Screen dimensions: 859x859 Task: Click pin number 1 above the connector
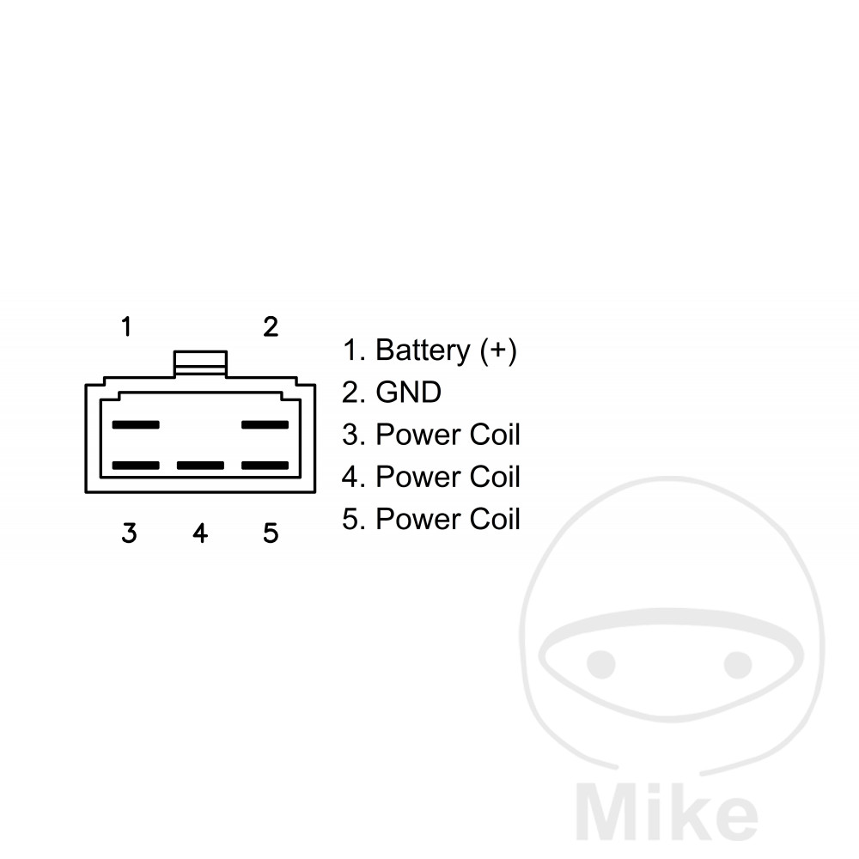point(126,326)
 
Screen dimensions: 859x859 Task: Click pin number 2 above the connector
point(271,326)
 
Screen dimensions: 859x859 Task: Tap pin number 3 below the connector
point(129,533)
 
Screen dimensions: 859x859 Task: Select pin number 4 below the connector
point(200,533)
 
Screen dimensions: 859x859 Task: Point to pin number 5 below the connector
point(271,533)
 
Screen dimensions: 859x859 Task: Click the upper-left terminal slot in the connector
point(136,424)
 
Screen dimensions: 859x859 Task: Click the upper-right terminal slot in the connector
point(265,424)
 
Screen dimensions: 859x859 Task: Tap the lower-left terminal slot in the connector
point(136,466)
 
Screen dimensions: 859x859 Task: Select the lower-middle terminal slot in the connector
point(200,466)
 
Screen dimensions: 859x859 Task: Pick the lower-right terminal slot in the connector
point(265,466)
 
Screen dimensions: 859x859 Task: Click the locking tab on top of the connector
point(200,362)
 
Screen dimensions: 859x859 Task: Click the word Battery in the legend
point(423,350)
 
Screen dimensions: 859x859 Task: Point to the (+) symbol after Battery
point(499,350)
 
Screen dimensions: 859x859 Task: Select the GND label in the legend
point(409,393)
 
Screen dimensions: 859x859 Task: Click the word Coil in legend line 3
point(495,435)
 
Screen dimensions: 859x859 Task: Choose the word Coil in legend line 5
point(495,519)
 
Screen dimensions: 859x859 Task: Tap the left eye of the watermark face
point(601,663)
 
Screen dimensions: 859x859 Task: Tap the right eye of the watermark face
point(738,663)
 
